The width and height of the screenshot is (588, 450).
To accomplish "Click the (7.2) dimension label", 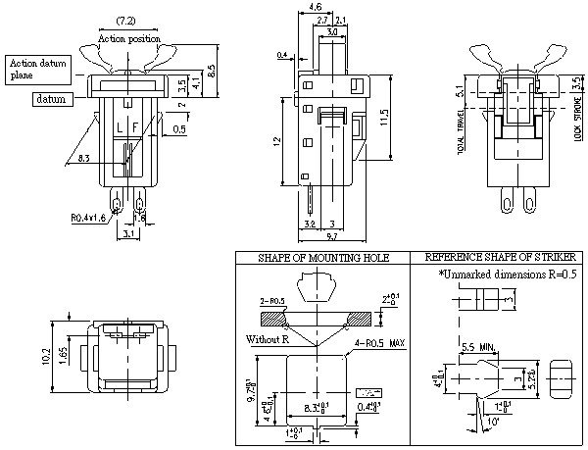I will [x=125, y=21].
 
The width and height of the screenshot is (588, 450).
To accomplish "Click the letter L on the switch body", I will [x=119, y=128].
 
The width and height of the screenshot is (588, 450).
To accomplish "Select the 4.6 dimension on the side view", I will [x=316, y=8].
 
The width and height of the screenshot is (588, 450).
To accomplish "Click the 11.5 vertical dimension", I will [x=385, y=119].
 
